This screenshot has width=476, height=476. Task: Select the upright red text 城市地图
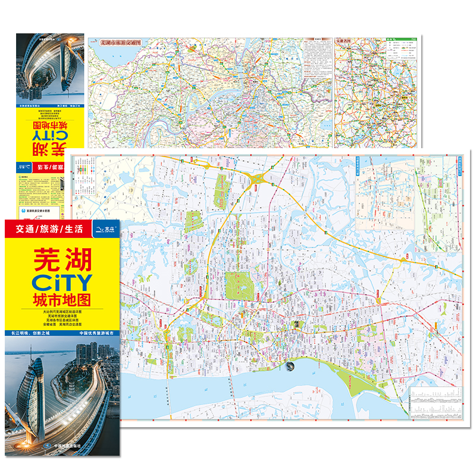(x=62, y=298)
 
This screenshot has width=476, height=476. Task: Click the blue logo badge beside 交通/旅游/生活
(x=105, y=227)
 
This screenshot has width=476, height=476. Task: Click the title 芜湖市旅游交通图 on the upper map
(x=122, y=43)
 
